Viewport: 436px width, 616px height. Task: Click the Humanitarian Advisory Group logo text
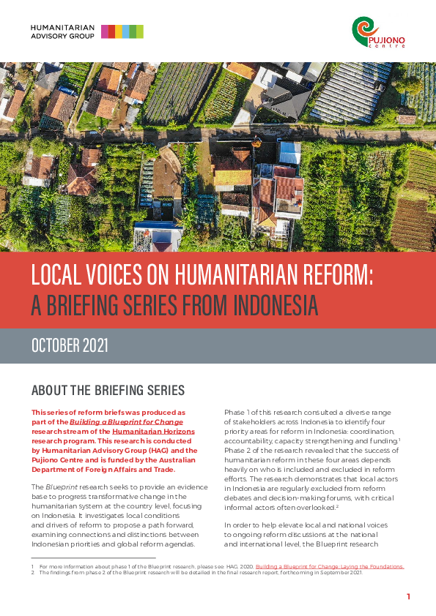pos(62,31)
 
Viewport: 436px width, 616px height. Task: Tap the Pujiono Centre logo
pos(378,33)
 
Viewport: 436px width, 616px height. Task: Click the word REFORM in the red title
pos(334,274)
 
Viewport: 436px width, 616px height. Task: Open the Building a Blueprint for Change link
pos(126,422)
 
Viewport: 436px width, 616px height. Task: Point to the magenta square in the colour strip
pos(105,31)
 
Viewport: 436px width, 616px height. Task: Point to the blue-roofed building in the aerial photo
pos(289,152)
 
